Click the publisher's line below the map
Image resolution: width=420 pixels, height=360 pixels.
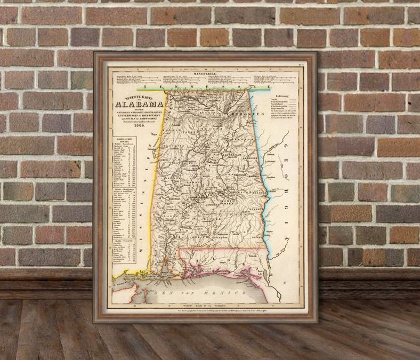tap(208, 310)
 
